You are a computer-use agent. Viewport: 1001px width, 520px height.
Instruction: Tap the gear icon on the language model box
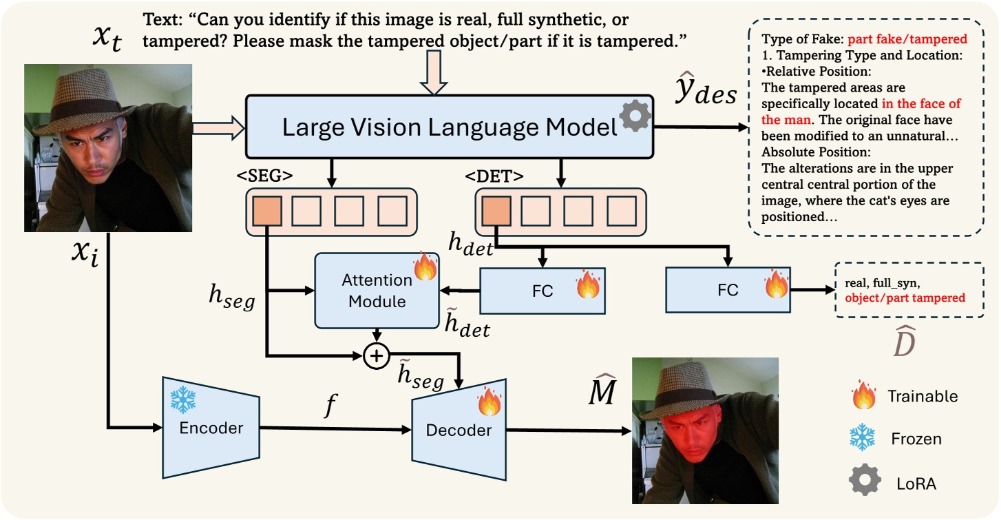634,118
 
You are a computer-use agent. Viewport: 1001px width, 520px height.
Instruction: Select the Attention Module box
377,291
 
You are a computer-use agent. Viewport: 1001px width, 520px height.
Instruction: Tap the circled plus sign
376,356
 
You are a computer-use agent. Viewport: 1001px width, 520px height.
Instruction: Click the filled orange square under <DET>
496,211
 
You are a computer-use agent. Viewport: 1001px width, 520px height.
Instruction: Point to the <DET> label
494,176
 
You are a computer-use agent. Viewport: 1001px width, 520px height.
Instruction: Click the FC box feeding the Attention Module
542,290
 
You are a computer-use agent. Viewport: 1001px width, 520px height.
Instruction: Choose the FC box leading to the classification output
728,290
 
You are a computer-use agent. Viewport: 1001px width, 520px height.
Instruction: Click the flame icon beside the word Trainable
863,396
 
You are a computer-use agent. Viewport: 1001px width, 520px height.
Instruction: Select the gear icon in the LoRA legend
863,483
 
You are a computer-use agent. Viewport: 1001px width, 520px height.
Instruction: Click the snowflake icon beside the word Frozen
863,439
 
